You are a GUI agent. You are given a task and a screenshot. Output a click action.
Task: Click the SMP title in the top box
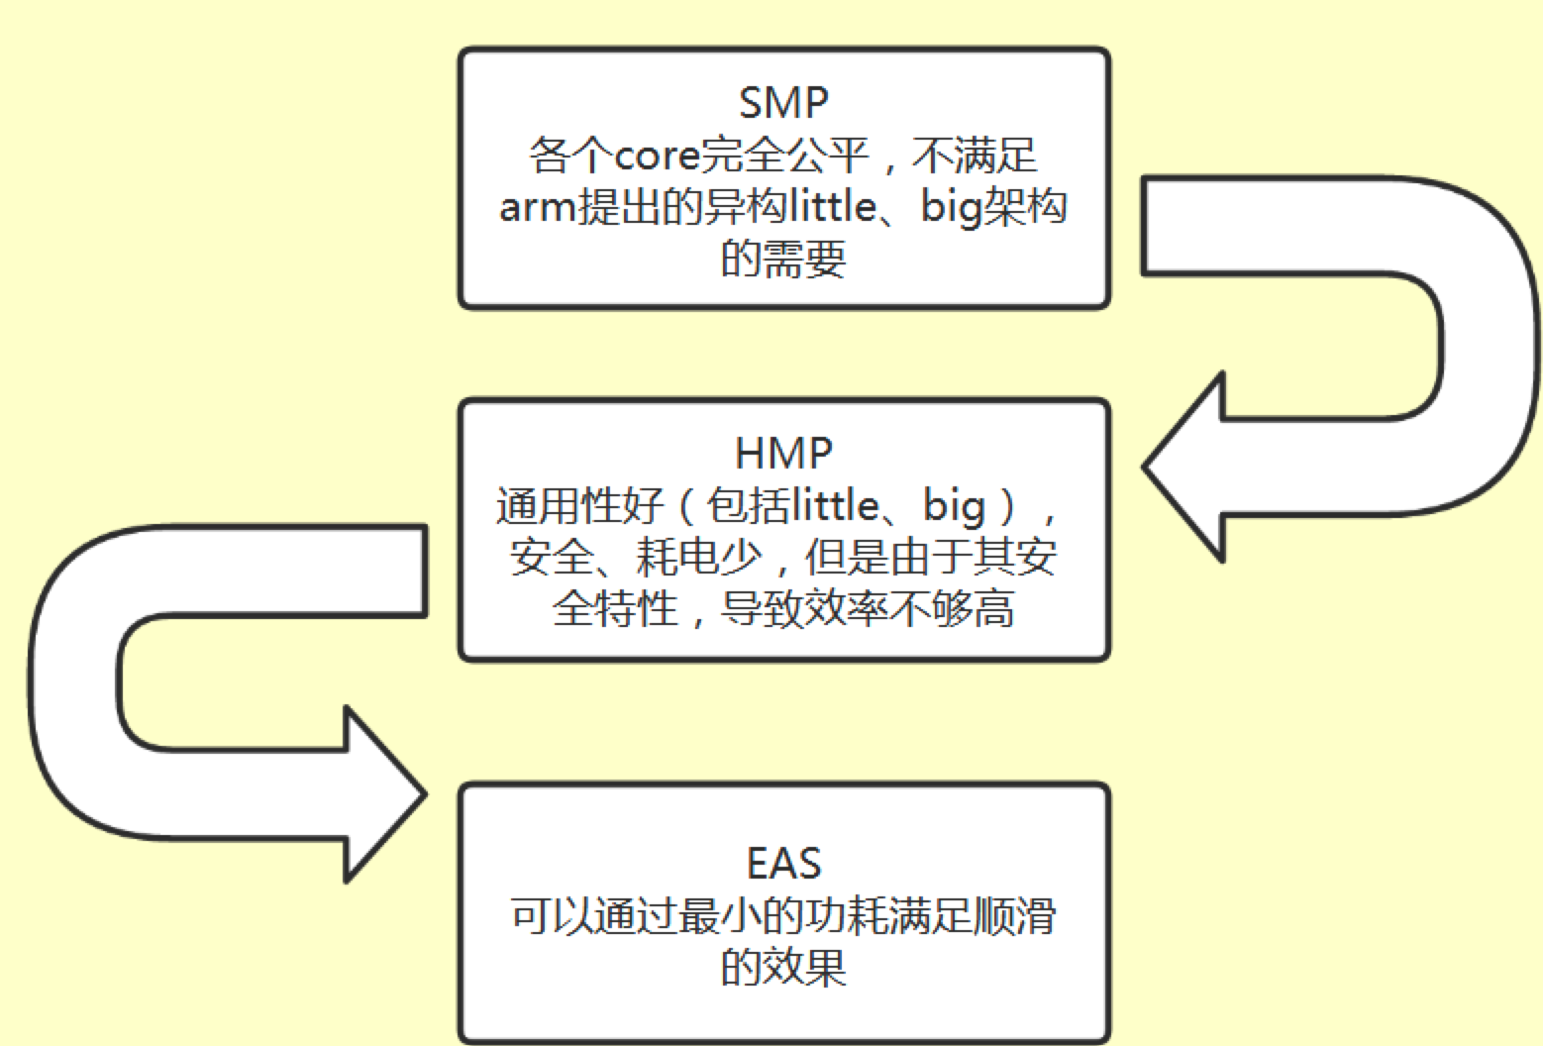[783, 103]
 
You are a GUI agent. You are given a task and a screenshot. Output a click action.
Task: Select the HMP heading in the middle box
[783, 454]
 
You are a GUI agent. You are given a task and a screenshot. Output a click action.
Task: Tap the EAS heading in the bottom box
[783, 864]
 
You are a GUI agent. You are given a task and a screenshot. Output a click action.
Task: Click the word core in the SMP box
[657, 156]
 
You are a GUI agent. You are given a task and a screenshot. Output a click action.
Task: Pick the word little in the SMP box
[834, 208]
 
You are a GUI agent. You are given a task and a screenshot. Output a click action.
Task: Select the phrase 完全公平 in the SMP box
[783, 156]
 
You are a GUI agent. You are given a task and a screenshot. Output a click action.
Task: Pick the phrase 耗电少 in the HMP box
[698, 558]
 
